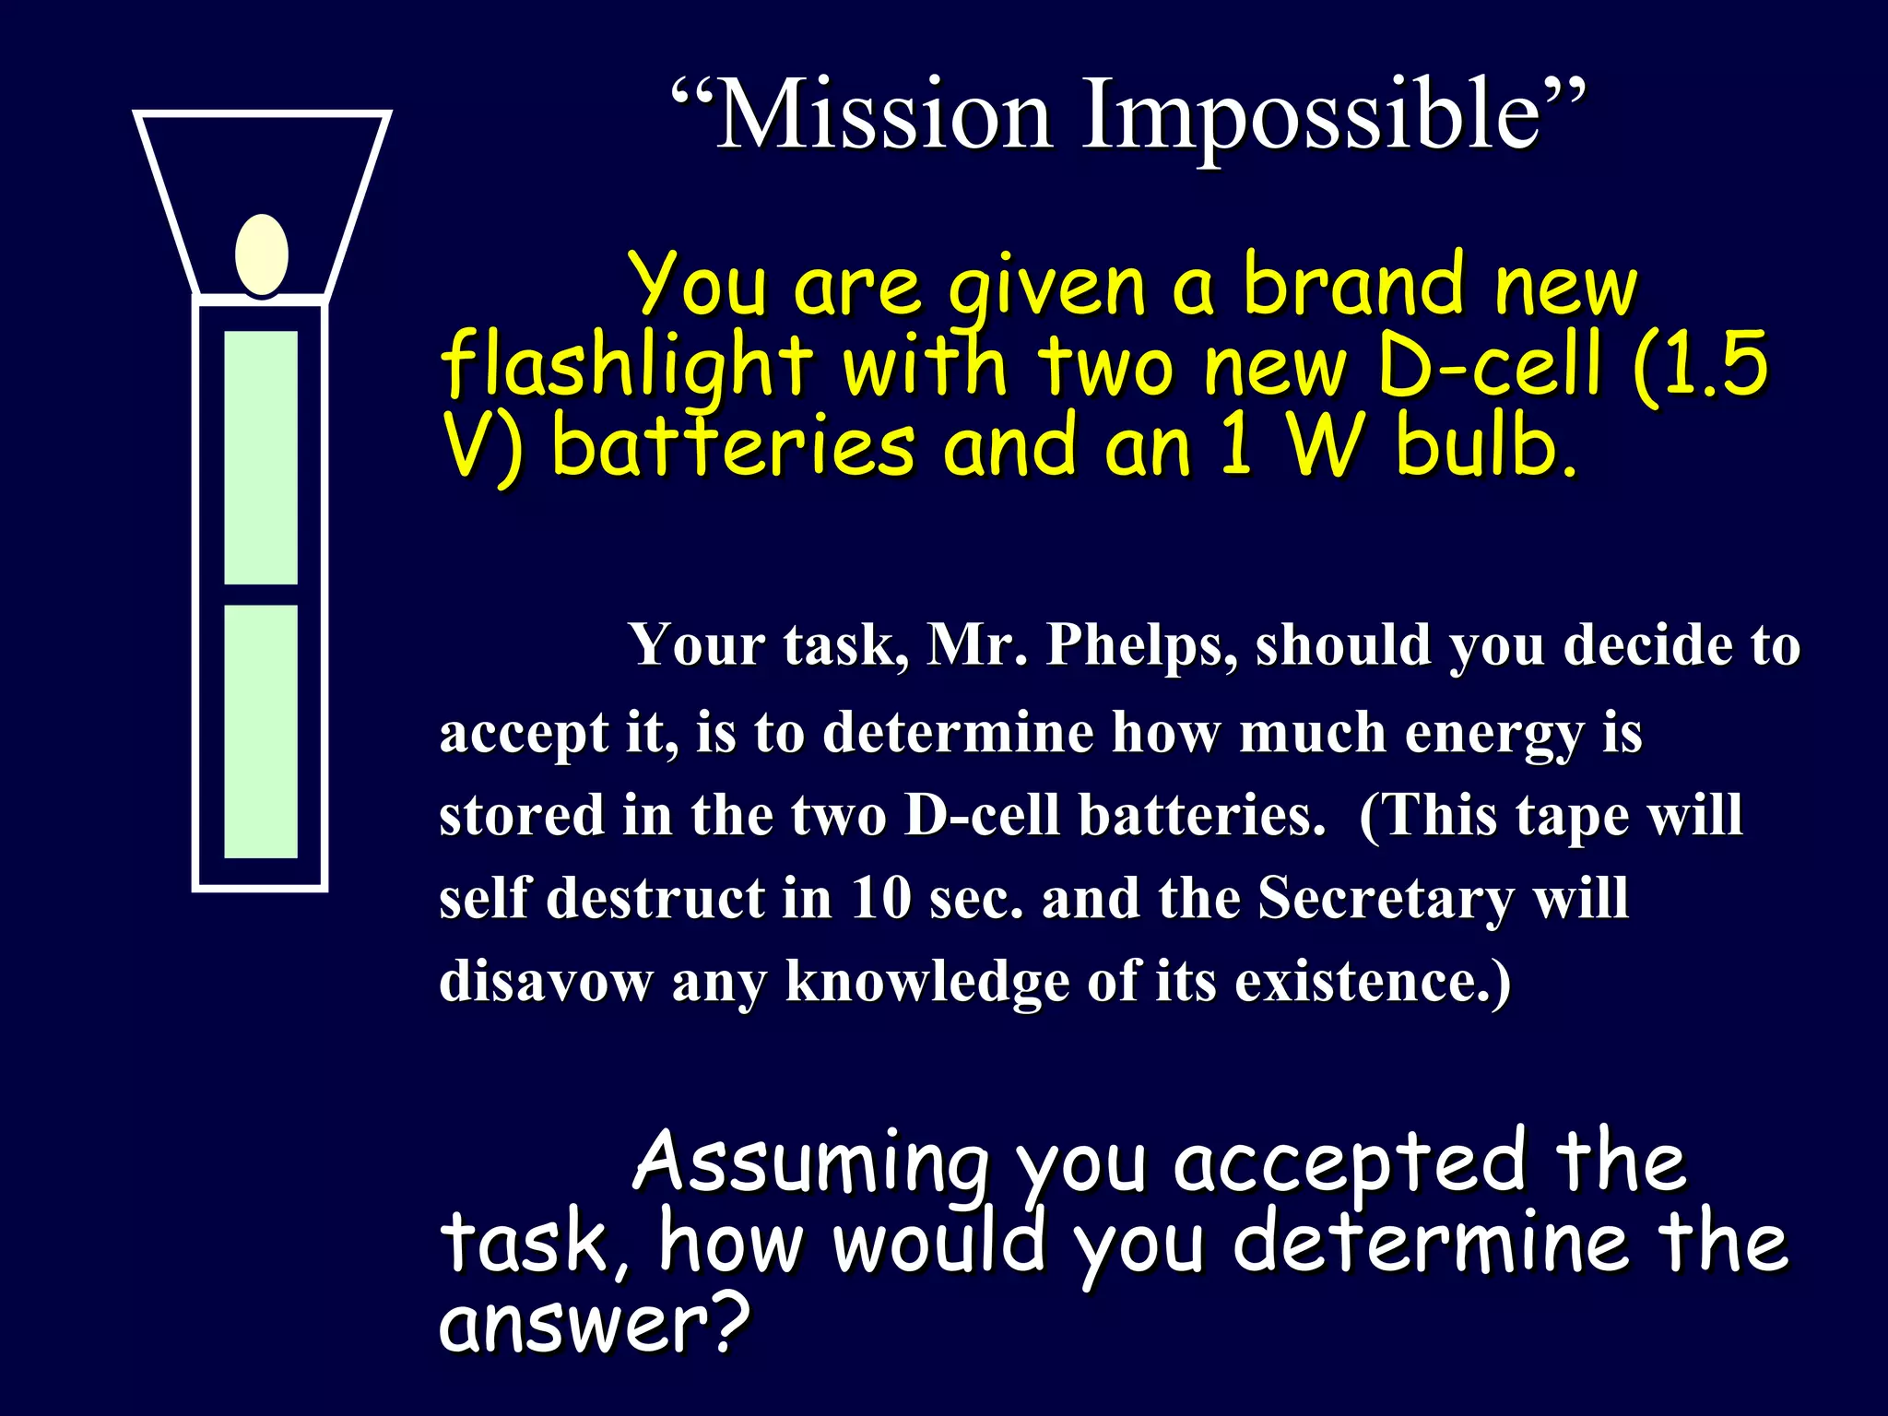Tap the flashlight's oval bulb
[x=262, y=255]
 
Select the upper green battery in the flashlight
[x=261, y=457]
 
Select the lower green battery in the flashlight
[x=261, y=731]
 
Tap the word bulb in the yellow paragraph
[x=1485, y=447]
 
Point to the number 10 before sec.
[x=881, y=898]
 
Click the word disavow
[x=545, y=981]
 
